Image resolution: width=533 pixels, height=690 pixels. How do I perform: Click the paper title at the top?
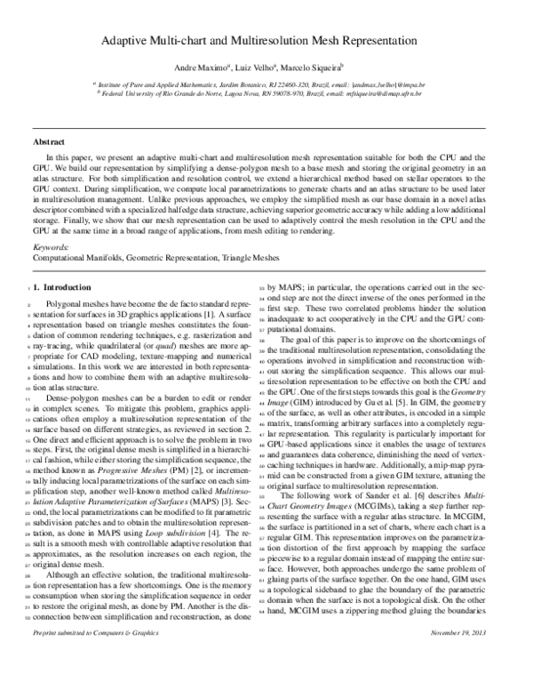(x=266, y=41)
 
